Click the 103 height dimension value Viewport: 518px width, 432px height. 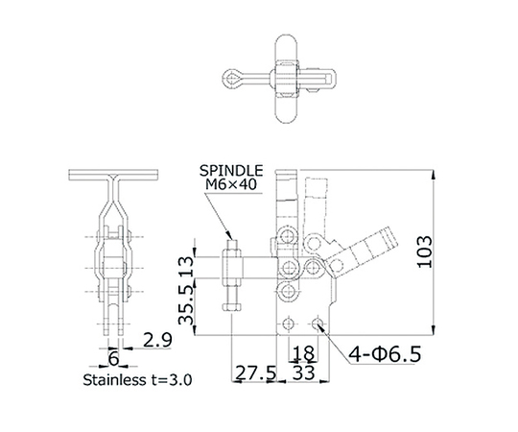[x=425, y=252]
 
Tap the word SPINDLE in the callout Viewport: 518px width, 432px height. [x=231, y=171]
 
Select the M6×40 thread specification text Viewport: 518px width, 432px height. [x=231, y=184]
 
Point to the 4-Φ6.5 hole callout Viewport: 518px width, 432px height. [x=385, y=354]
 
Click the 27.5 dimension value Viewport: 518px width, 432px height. [x=255, y=373]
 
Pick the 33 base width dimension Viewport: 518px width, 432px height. [x=303, y=372]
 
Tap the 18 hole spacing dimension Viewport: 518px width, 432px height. [x=303, y=353]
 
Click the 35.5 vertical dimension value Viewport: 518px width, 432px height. [x=186, y=304]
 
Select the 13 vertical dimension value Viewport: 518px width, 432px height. [x=186, y=268]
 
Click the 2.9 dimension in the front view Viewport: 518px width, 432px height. [x=157, y=340]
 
